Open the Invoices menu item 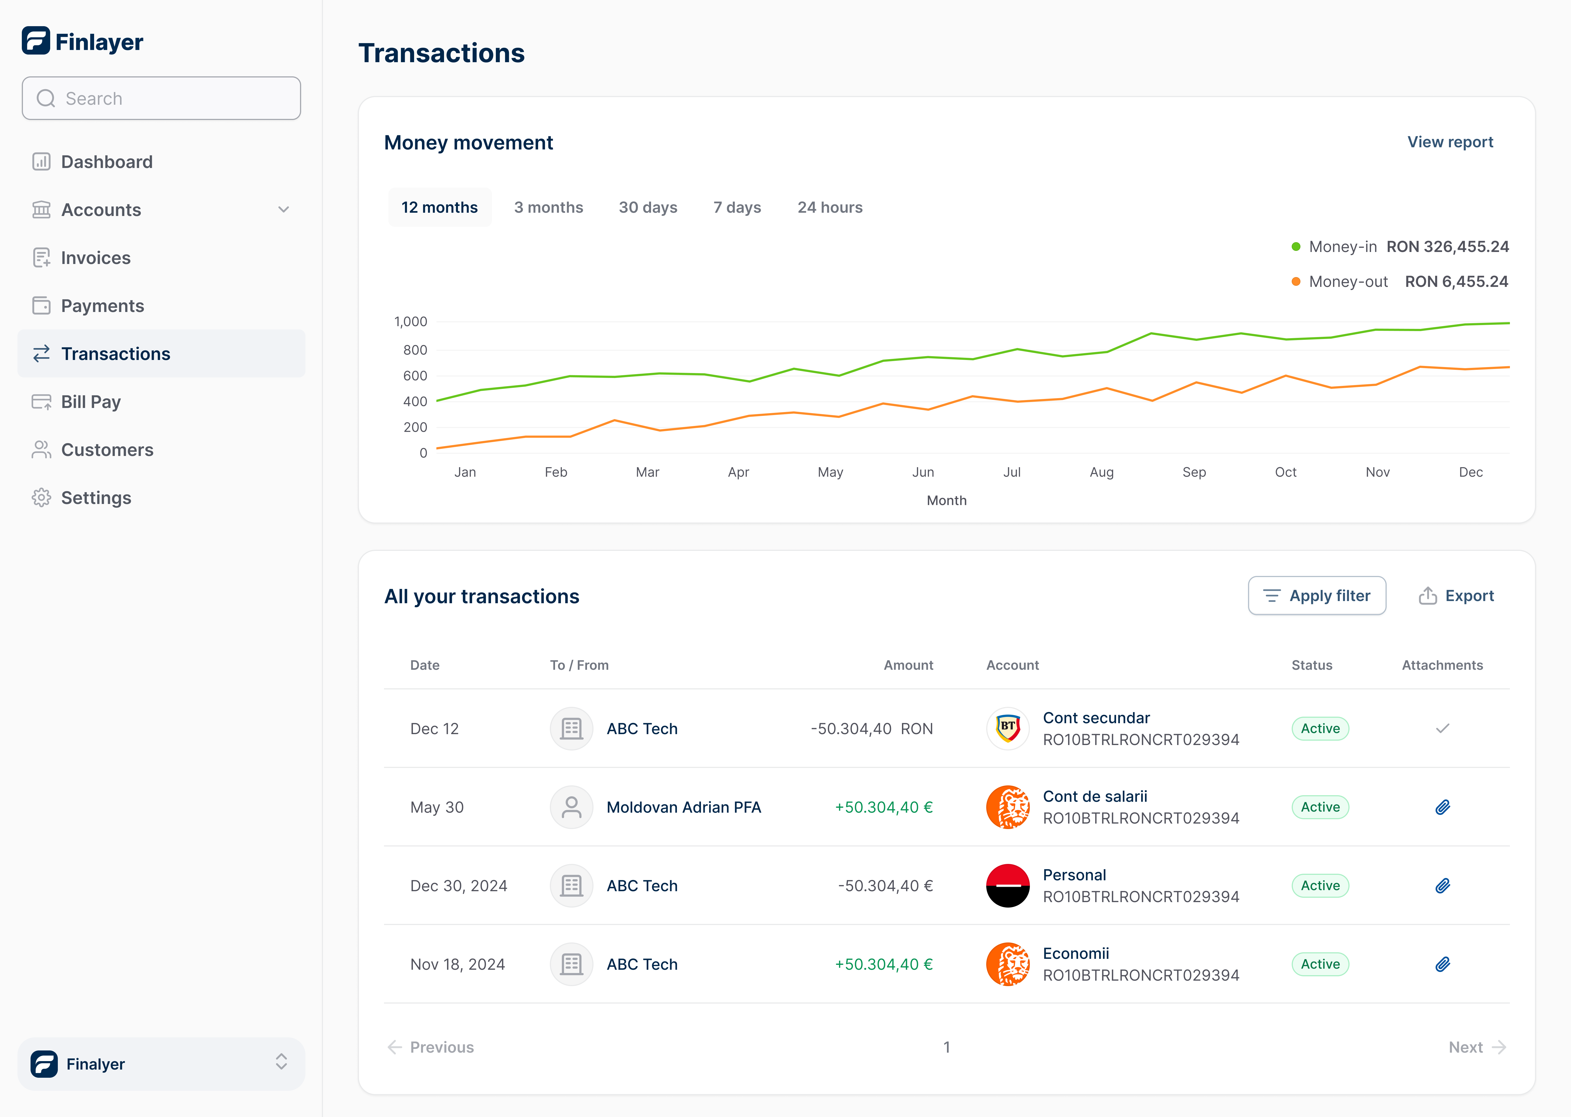click(96, 258)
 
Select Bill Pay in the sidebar click(91, 402)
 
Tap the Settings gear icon click(41, 498)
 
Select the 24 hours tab click(829, 208)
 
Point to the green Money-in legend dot click(1296, 247)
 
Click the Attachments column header click(1442, 665)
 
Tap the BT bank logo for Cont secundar click(1008, 728)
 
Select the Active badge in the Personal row click(1320, 886)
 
